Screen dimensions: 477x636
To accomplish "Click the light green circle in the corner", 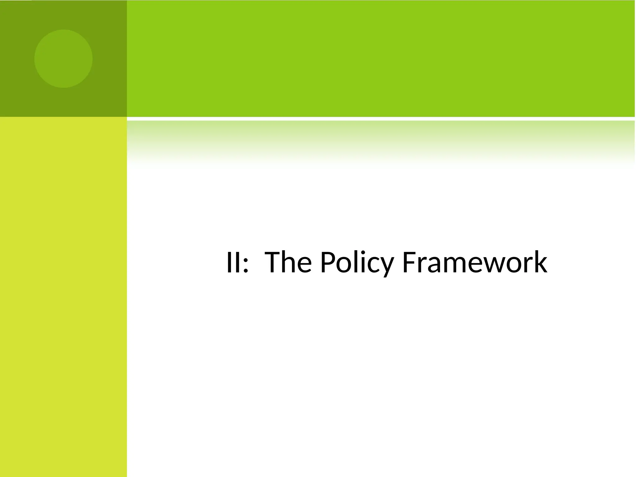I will point(63,58).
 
